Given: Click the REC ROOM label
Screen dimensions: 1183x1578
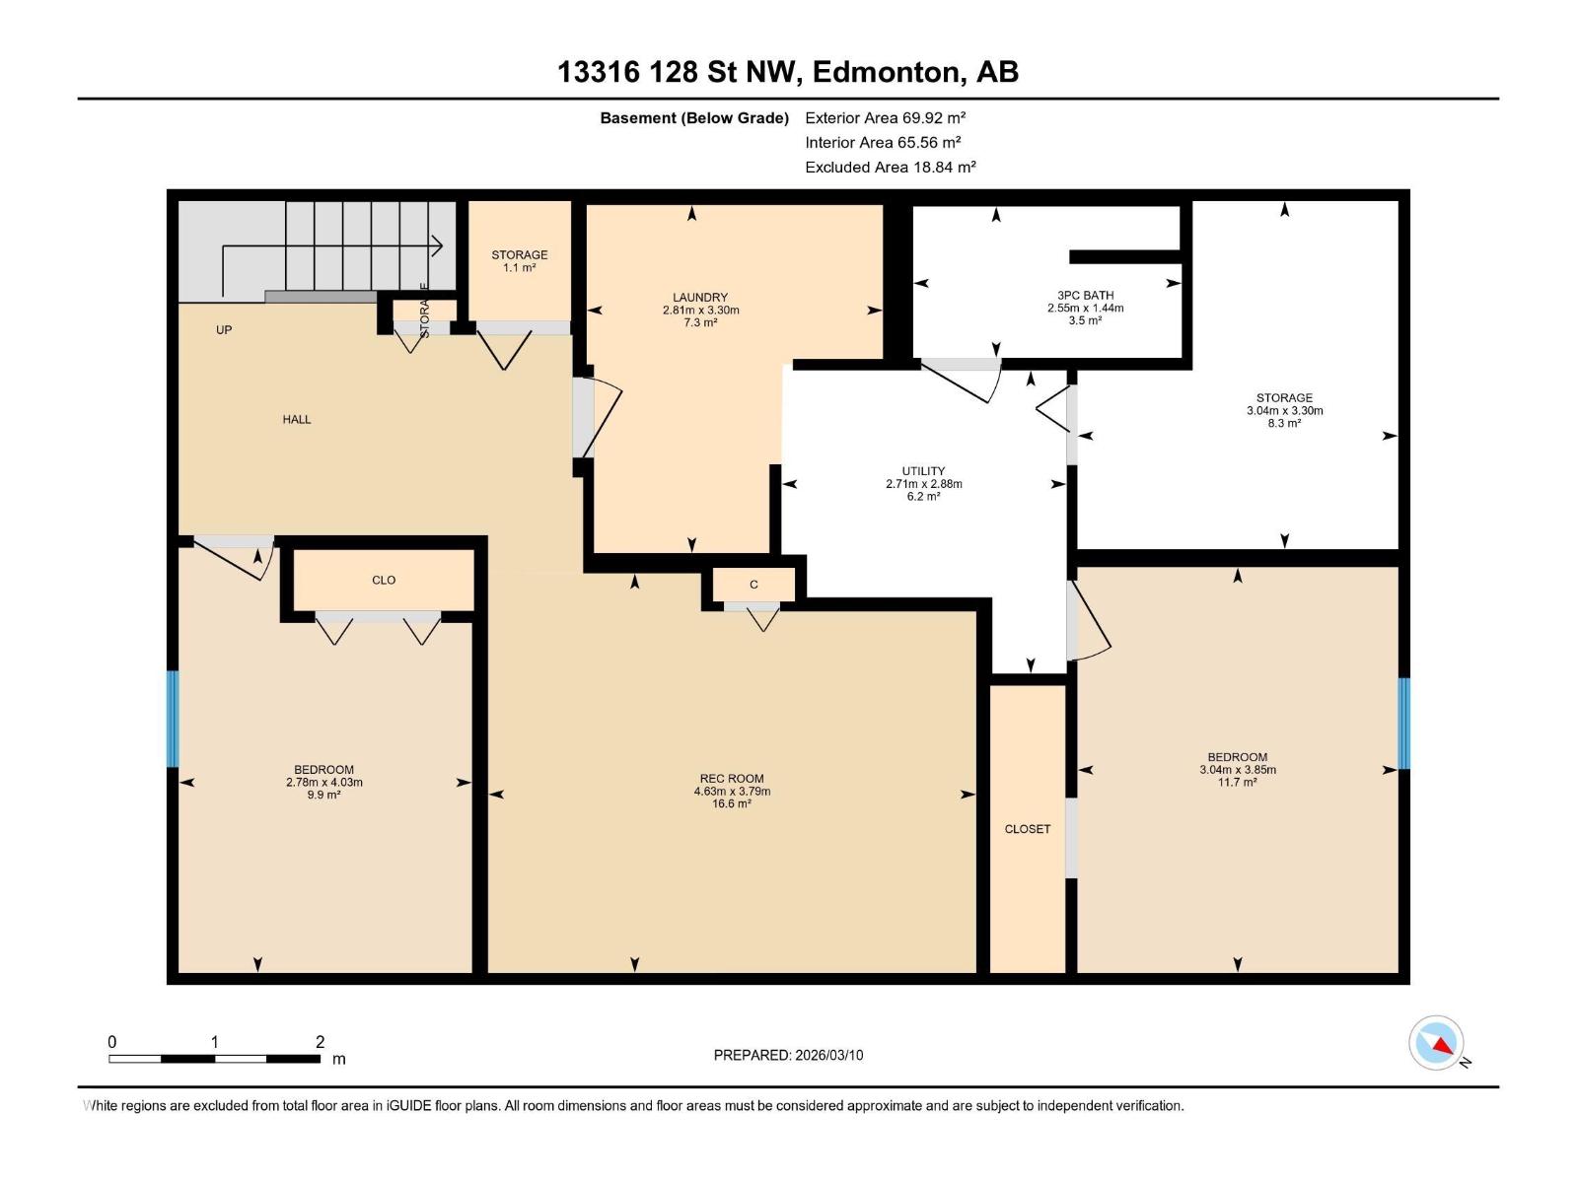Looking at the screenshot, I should click(732, 779).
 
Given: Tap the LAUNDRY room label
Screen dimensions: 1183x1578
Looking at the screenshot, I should click(700, 298).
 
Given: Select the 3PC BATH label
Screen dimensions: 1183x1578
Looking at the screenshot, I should click(1085, 296).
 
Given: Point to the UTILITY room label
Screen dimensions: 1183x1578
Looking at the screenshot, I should click(923, 471).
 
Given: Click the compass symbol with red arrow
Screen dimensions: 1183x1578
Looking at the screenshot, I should click(1437, 1043).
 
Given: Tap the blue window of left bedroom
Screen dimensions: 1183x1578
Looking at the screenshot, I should click(173, 719).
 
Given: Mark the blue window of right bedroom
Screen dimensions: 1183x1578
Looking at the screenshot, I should click(1403, 724).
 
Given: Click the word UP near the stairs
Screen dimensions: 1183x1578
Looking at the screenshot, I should click(224, 330).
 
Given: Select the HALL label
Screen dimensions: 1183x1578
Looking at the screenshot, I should click(297, 420).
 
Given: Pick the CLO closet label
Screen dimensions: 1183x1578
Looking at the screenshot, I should click(384, 581).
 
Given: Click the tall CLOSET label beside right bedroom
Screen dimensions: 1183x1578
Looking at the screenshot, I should click(1028, 829).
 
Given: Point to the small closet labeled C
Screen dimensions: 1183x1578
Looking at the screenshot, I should click(753, 585).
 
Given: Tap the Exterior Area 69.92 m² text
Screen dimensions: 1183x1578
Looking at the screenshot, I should click(885, 117).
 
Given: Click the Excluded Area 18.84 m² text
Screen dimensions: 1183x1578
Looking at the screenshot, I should click(890, 168).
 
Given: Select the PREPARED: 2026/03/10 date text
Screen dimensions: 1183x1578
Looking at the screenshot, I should click(788, 1055).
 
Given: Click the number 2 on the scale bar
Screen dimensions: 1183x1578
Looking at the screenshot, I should click(320, 1042).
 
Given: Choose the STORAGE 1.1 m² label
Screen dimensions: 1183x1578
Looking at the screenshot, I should click(520, 261).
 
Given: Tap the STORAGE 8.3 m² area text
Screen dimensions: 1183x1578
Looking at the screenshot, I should click(1284, 423).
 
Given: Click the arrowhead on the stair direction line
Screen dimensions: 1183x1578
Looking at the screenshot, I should click(438, 245).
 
